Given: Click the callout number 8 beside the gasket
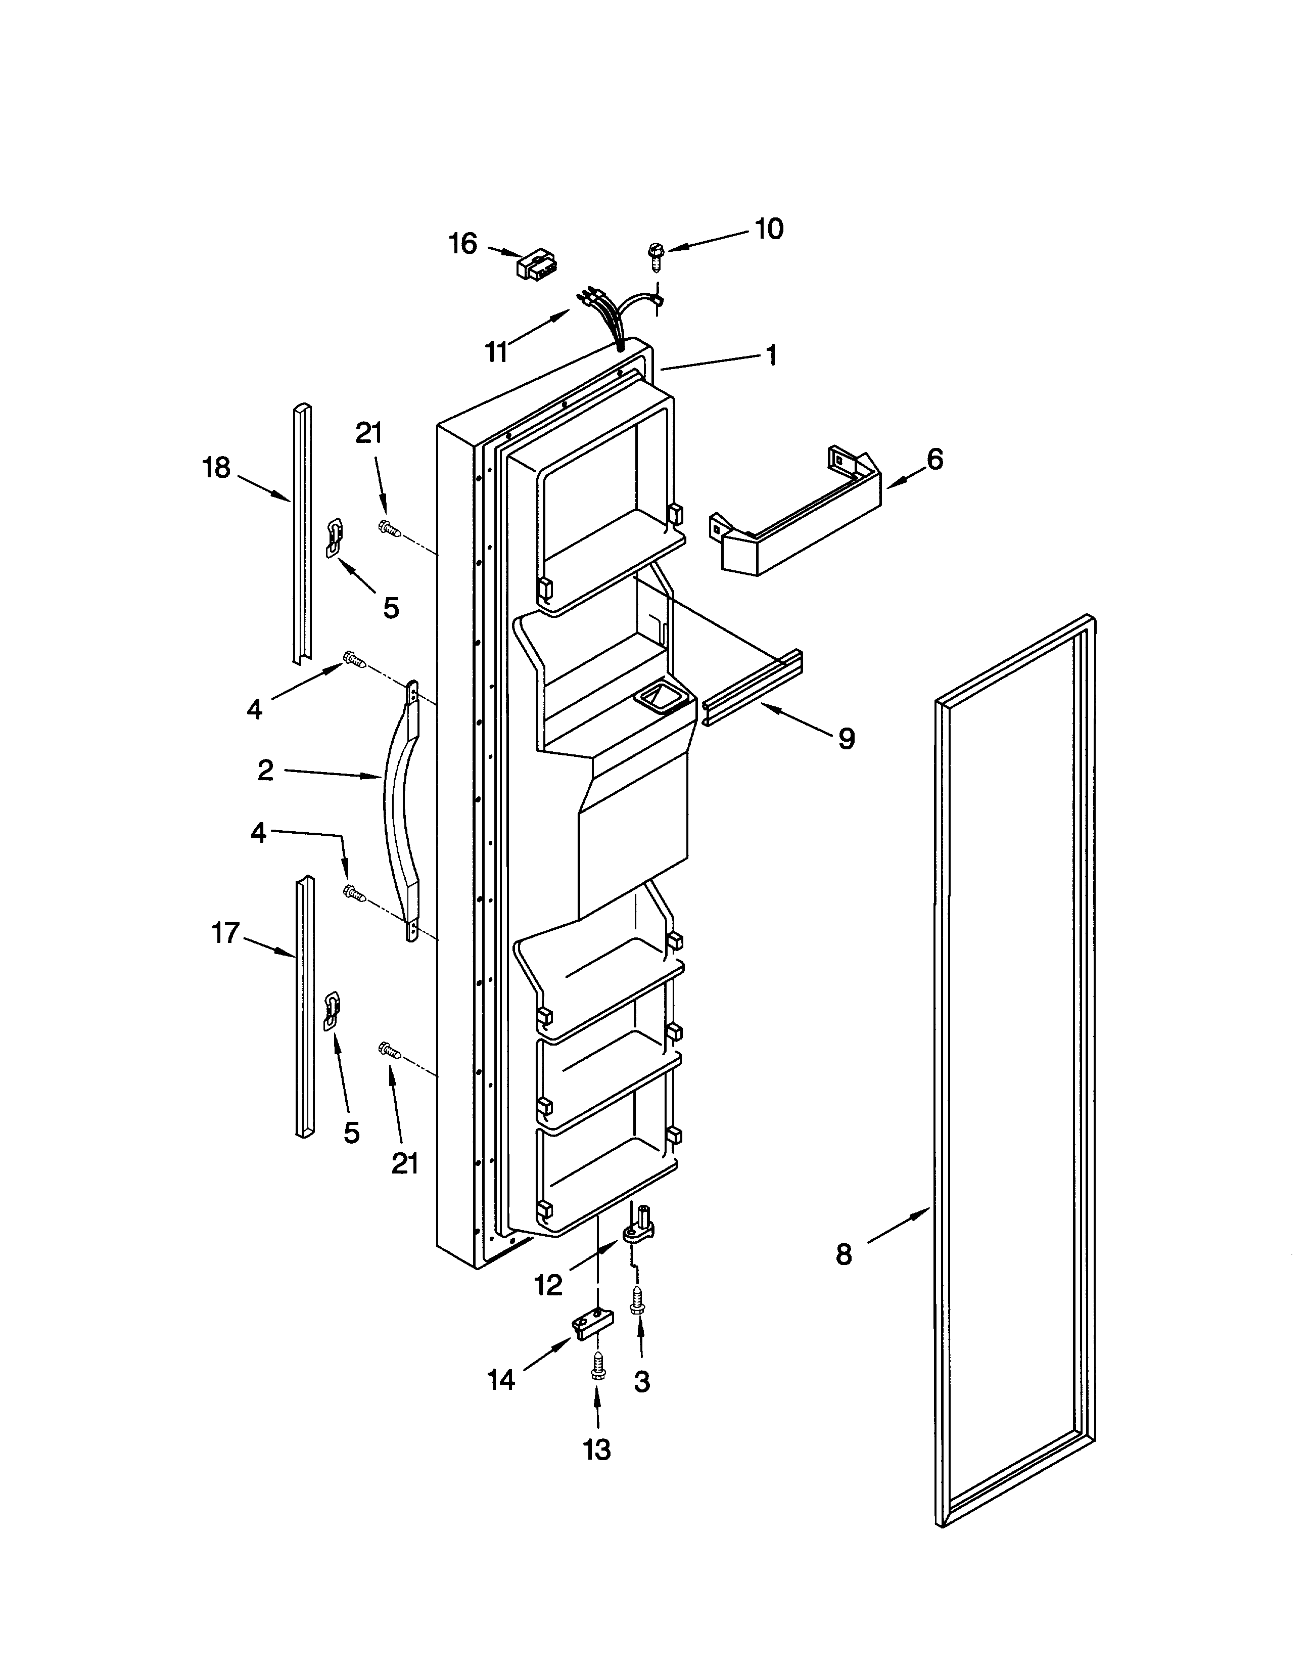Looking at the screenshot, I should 844,1254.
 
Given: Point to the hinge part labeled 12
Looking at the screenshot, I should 638,1228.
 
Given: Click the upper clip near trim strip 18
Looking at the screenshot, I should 335,536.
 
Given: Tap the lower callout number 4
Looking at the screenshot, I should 258,832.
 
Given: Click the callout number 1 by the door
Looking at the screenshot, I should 772,354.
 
